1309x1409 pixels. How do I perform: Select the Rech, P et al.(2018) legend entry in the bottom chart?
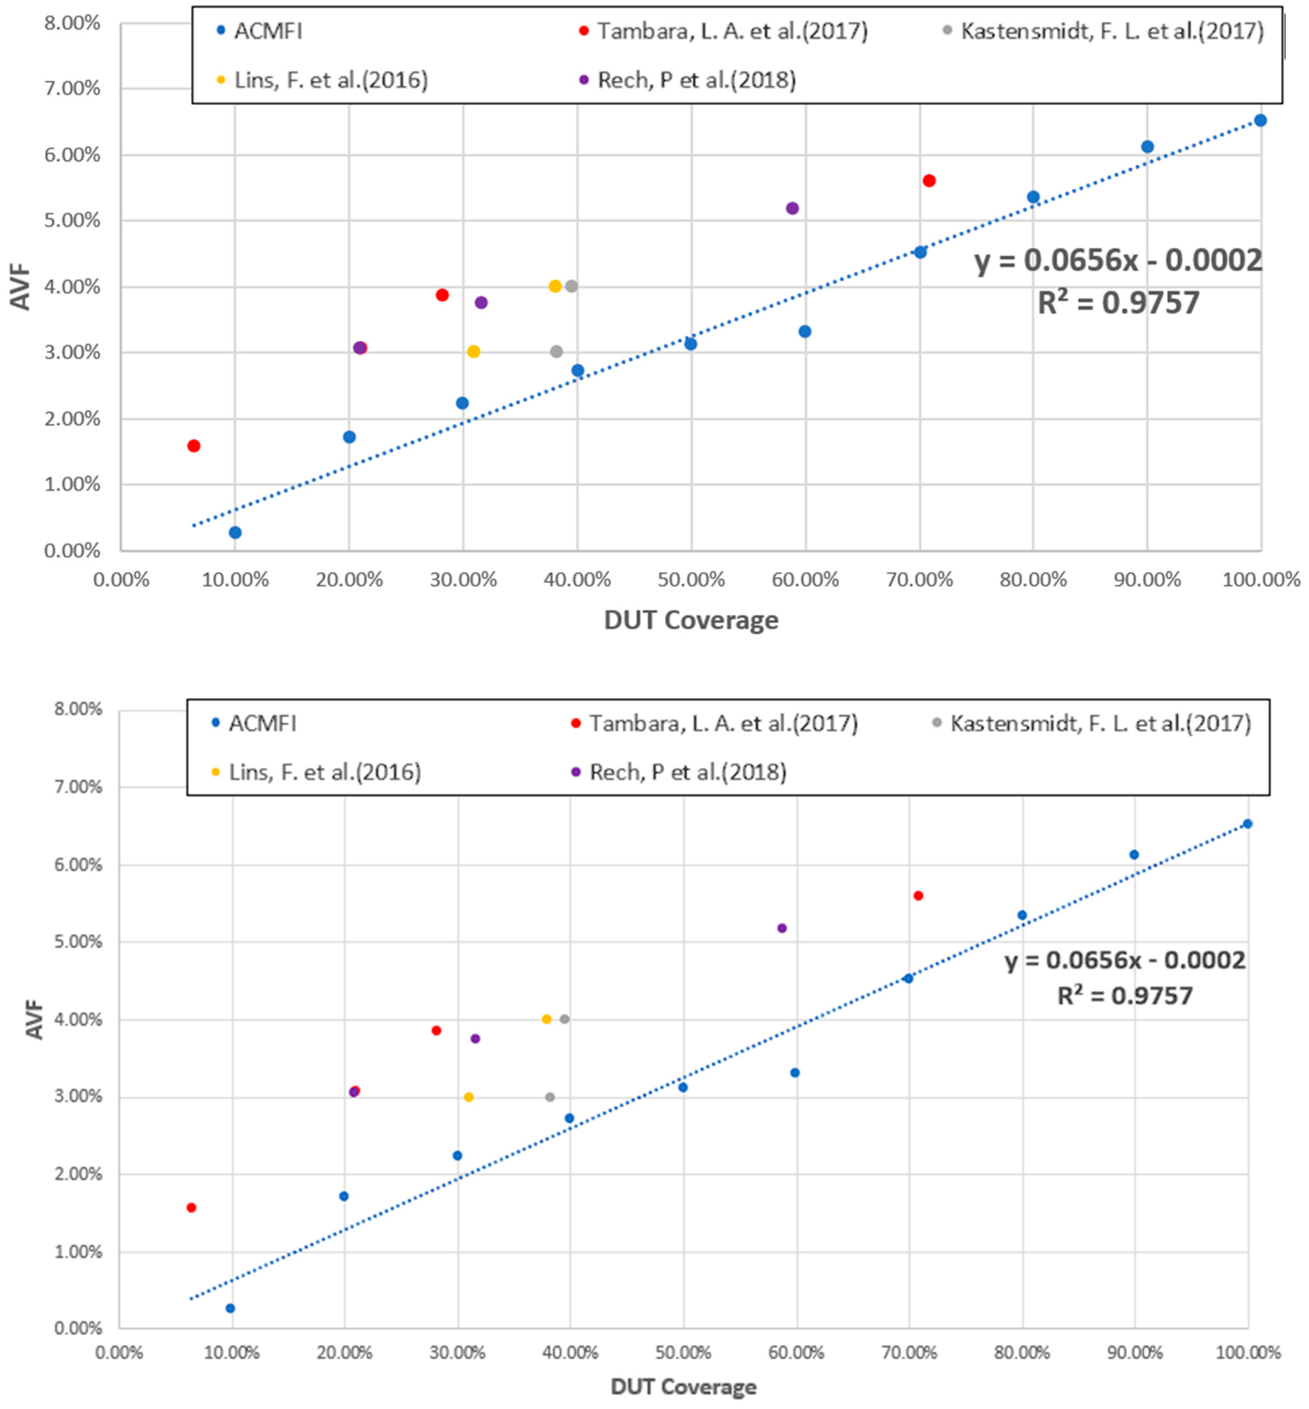(x=687, y=772)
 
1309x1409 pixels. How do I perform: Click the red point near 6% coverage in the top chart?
(x=194, y=446)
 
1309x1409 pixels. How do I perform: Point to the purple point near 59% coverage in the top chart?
(x=792, y=208)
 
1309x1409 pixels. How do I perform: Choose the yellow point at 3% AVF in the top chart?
(x=473, y=351)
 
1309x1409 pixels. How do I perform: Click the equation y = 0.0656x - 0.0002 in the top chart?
(x=1118, y=261)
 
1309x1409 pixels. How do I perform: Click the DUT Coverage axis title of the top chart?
(x=691, y=621)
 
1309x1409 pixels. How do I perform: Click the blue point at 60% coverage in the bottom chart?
(x=795, y=1073)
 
